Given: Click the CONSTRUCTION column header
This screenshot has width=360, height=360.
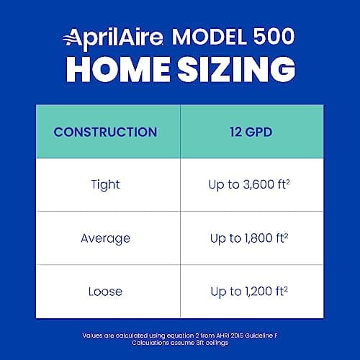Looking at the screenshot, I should coord(105,132).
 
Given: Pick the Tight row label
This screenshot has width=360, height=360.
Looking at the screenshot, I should coord(105,185).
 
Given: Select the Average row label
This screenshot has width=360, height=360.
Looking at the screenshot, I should coord(105,238).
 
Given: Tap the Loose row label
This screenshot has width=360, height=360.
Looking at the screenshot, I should coord(105,292).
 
